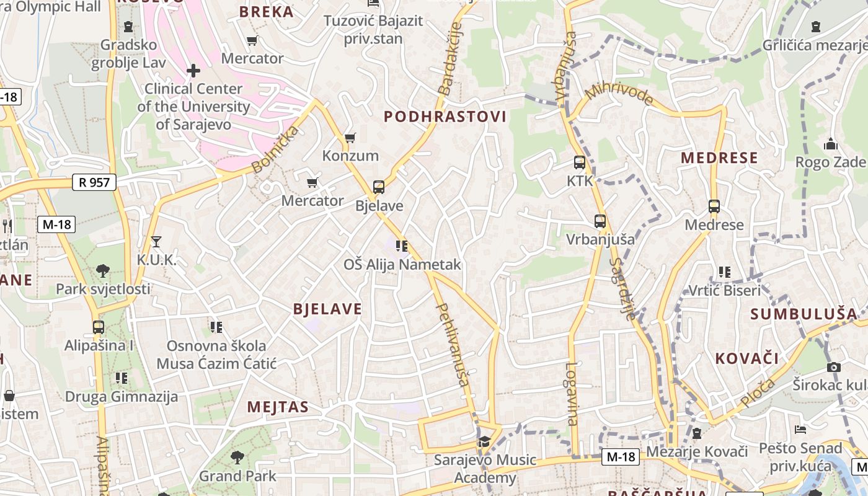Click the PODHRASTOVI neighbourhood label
pyautogui.click(x=445, y=117)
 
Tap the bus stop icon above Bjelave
pyautogui.click(x=378, y=187)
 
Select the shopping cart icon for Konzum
pyautogui.click(x=350, y=138)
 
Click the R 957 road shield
pyautogui.click(x=94, y=182)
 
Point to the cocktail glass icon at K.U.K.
pyautogui.click(x=156, y=241)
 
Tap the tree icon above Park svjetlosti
pyautogui.click(x=103, y=270)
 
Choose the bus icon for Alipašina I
pyautogui.click(x=98, y=327)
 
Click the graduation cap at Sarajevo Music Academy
pyautogui.click(x=484, y=441)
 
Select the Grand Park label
pyautogui.click(x=237, y=476)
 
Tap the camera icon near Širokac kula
pyautogui.click(x=834, y=367)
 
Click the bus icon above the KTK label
pyautogui.click(x=580, y=162)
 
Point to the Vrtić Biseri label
pyautogui.click(x=724, y=291)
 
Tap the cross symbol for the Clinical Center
pyautogui.click(x=193, y=71)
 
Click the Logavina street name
pyautogui.click(x=571, y=393)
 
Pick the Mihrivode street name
pyautogui.click(x=619, y=93)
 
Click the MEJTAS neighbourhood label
pyautogui.click(x=278, y=407)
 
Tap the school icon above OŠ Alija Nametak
pyautogui.click(x=402, y=246)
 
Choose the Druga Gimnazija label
pyautogui.click(x=122, y=397)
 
